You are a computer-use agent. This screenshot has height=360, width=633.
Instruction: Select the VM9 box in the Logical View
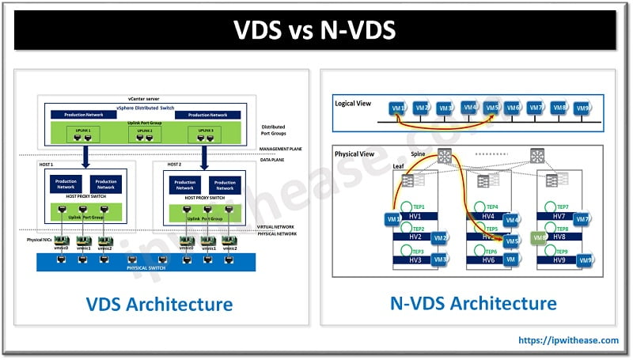coord(583,108)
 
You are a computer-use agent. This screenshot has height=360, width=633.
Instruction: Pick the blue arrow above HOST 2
coord(203,155)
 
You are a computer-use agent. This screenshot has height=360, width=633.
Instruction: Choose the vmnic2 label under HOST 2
coord(229,248)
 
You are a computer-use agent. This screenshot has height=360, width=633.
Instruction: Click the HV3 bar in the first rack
coord(416,260)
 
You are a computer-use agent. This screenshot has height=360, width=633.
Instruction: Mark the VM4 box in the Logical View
coord(470,107)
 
